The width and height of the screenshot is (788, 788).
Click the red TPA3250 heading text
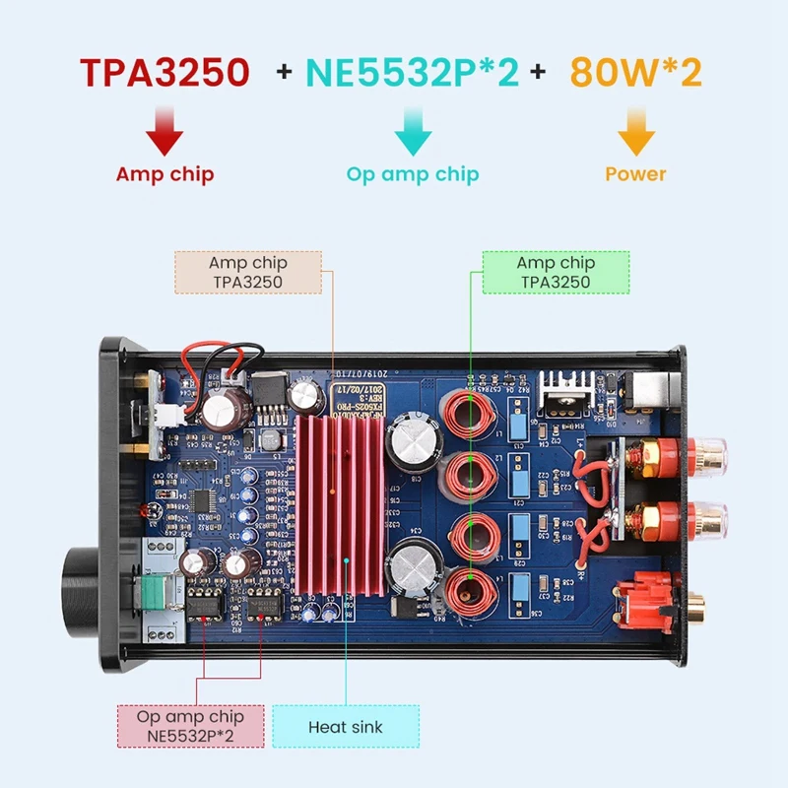point(164,73)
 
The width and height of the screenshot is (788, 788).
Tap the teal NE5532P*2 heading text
point(412,73)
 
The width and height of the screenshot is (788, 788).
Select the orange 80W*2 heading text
point(636,73)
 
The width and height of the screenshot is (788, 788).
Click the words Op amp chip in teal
point(412,174)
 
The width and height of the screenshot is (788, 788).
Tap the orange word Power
point(636,174)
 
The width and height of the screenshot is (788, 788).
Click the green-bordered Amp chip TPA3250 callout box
point(555,272)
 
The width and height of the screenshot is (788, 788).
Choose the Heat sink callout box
point(345,728)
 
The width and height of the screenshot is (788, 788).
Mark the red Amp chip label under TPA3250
point(164,174)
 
